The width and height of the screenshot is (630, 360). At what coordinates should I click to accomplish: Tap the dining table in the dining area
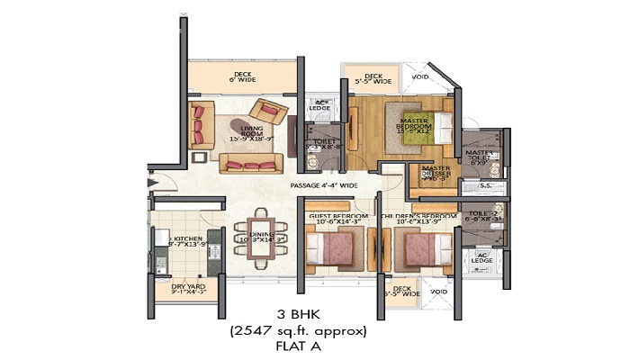click(x=261, y=238)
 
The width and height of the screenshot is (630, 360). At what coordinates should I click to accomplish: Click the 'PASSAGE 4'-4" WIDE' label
click(x=324, y=186)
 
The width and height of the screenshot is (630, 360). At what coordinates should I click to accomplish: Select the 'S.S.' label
click(x=484, y=186)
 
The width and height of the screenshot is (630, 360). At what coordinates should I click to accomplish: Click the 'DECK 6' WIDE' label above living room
click(x=242, y=77)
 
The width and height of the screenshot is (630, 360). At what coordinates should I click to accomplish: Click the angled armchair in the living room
click(x=269, y=112)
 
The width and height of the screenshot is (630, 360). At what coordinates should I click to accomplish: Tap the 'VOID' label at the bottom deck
click(x=438, y=292)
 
